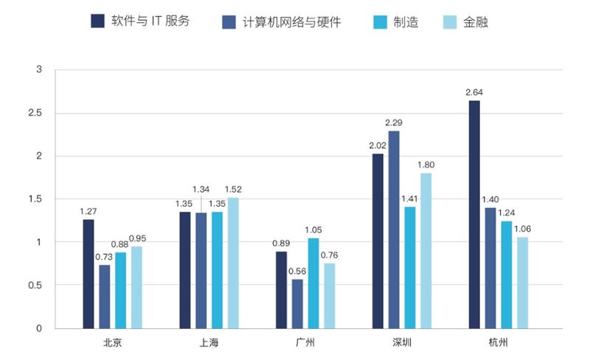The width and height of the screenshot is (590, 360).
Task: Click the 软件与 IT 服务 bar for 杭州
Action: coord(474,214)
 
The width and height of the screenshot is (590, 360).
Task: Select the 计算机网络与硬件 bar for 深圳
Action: coord(394,229)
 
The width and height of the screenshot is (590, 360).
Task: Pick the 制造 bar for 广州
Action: coord(313,283)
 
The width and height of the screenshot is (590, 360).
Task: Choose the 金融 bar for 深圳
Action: coord(426,251)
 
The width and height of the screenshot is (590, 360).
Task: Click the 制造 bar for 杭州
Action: coord(506,274)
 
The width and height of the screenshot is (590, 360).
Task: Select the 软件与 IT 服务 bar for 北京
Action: coord(88,274)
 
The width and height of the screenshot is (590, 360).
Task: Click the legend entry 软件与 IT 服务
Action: coord(140,21)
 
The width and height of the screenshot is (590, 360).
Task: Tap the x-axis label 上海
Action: coord(209,343)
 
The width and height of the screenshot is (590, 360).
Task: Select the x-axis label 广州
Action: coord(305,343)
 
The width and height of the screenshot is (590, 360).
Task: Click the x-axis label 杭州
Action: coord(498,343)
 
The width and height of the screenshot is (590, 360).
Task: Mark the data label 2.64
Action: coord(474,92)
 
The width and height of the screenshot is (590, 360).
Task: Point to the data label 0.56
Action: coord(297,271)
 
